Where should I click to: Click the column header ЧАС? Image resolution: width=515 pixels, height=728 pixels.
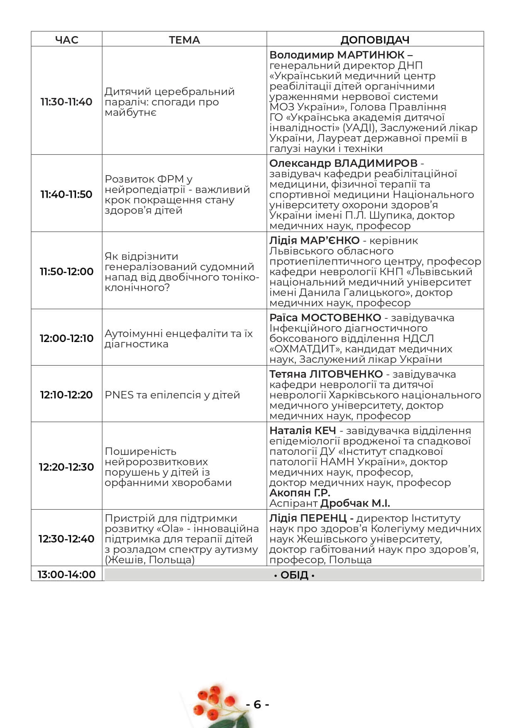click(x=66, y=40)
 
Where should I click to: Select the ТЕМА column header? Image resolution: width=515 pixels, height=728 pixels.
click(x=184, y=40)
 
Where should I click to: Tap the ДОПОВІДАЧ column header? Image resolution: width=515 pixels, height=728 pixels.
click(x=375, y=40)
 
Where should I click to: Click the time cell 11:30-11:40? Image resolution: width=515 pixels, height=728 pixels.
click(x=66, y=102)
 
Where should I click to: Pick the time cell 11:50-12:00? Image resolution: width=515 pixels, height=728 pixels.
click(x=66, y=271)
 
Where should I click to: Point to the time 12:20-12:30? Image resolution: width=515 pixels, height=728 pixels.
click(x=66, y=467)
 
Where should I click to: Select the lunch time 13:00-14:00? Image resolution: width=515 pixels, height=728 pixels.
click(x=66, y=574)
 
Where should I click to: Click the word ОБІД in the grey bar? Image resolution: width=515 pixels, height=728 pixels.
click(x=294, y=575)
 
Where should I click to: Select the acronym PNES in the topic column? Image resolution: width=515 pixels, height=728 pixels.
click(x=119, y=395)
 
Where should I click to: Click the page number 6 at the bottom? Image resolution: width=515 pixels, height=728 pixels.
click(x=257, y=704)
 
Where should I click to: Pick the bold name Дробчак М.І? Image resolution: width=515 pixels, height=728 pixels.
click(x=355, y=503)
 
